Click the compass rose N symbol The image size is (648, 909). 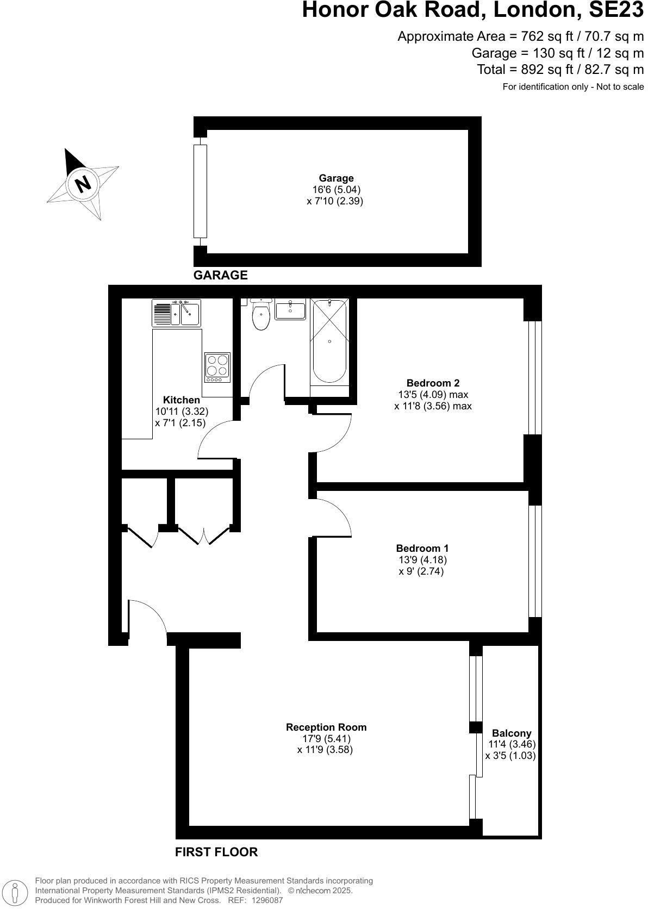[82, 184]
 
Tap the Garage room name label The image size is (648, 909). [336, 178]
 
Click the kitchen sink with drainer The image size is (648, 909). [177, 313]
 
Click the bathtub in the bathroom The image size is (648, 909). [329, 343]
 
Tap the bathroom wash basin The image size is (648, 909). [290, 310]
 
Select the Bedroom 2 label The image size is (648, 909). [433, 383]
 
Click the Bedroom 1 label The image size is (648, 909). [422, 549]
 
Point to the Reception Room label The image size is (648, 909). [326, 727]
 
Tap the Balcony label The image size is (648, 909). [512, 733]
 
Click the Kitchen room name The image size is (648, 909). [182, 400]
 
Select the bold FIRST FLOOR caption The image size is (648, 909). [216, 852]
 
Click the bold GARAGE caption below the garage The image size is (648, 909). [221, 275]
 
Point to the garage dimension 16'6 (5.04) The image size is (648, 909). [336, 190]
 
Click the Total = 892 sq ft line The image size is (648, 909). [560, 70]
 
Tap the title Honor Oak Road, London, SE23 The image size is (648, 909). [472, 10]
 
